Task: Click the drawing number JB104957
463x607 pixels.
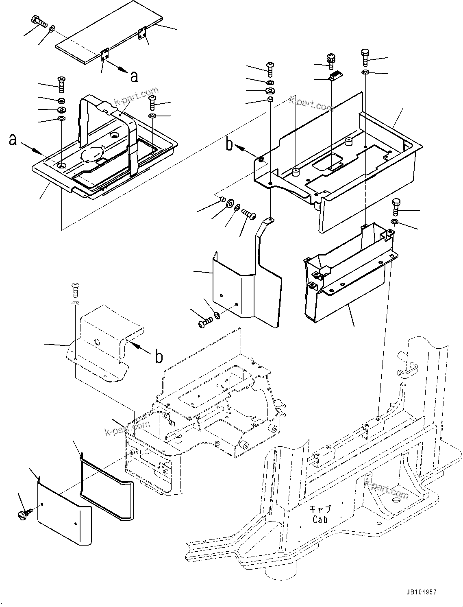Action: tap(420, 592)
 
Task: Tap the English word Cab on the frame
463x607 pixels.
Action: tap(320, 520)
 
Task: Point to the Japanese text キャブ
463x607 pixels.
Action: tap(320, 509)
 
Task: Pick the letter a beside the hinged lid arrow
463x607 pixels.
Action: tap(134, 76)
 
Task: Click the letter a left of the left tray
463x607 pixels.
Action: tap(13, 140)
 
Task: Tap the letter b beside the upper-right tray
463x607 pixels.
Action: tap(230, 144)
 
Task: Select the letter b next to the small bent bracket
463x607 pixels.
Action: tap(159, 357)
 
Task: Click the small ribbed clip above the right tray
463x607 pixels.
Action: tap(335, 76)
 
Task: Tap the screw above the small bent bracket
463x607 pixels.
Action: tap(75, 289)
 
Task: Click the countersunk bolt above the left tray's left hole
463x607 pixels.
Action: tap(61, 83)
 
